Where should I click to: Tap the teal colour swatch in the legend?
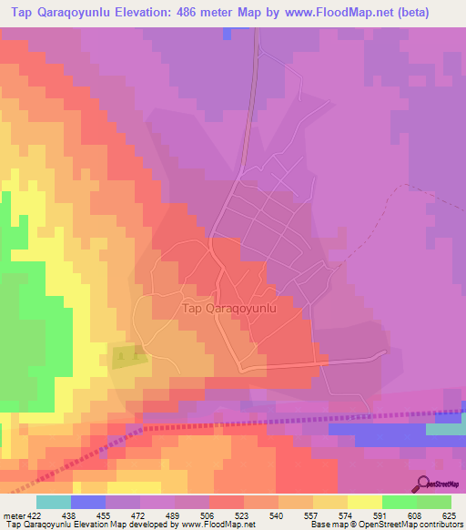[x=53, y=502]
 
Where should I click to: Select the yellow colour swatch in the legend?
[x=364, y=502]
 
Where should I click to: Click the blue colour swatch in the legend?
[x=87, y=502]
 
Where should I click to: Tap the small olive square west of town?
[x=125, y=356]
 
